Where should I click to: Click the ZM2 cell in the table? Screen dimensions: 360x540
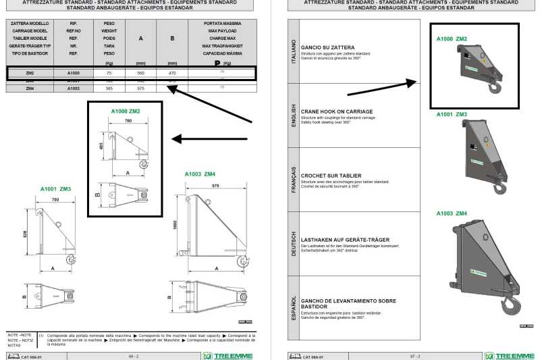[x=30, y=73]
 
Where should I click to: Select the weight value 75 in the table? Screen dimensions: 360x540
[x=109, y=73]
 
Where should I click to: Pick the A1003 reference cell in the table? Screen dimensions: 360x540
[x=74, y=88]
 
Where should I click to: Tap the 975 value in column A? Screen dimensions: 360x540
[x=140, y=88]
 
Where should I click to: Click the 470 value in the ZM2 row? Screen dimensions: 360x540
[x=172, y=73]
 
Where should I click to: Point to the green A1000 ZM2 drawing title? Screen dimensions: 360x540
[x=126, y=110]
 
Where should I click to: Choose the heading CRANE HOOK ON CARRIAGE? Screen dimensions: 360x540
[x=326, y=111]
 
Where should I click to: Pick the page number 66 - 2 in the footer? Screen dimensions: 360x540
[x=133, y=356]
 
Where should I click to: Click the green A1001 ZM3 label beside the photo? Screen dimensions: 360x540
[x=452, y=115]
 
